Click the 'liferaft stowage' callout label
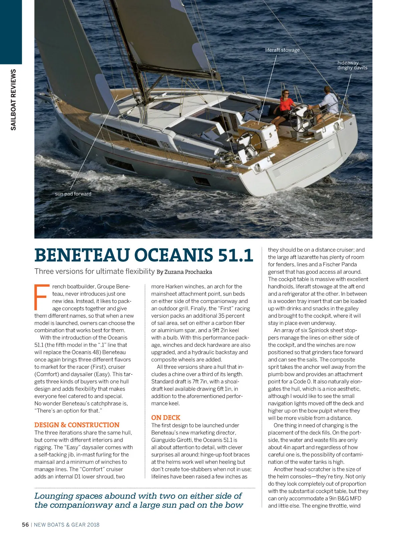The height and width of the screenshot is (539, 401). coord(282,50)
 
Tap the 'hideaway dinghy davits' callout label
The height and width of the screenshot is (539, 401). coord(352,65)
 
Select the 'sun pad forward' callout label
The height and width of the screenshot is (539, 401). coord(73,194)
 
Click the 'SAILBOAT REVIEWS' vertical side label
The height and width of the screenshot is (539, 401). coord(13,100)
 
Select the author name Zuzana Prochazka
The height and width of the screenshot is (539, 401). coord(188,272)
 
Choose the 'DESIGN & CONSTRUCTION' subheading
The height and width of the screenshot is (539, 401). coord(77,425)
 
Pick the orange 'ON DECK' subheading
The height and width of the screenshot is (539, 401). coord(166,418)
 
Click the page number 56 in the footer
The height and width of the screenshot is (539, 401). coord(25,525)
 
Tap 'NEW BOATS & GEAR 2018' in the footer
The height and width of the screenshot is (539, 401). coord(67,525)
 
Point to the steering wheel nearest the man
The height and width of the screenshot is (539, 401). coord(302,119)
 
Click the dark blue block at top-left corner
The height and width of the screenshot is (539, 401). coord(11,32)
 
